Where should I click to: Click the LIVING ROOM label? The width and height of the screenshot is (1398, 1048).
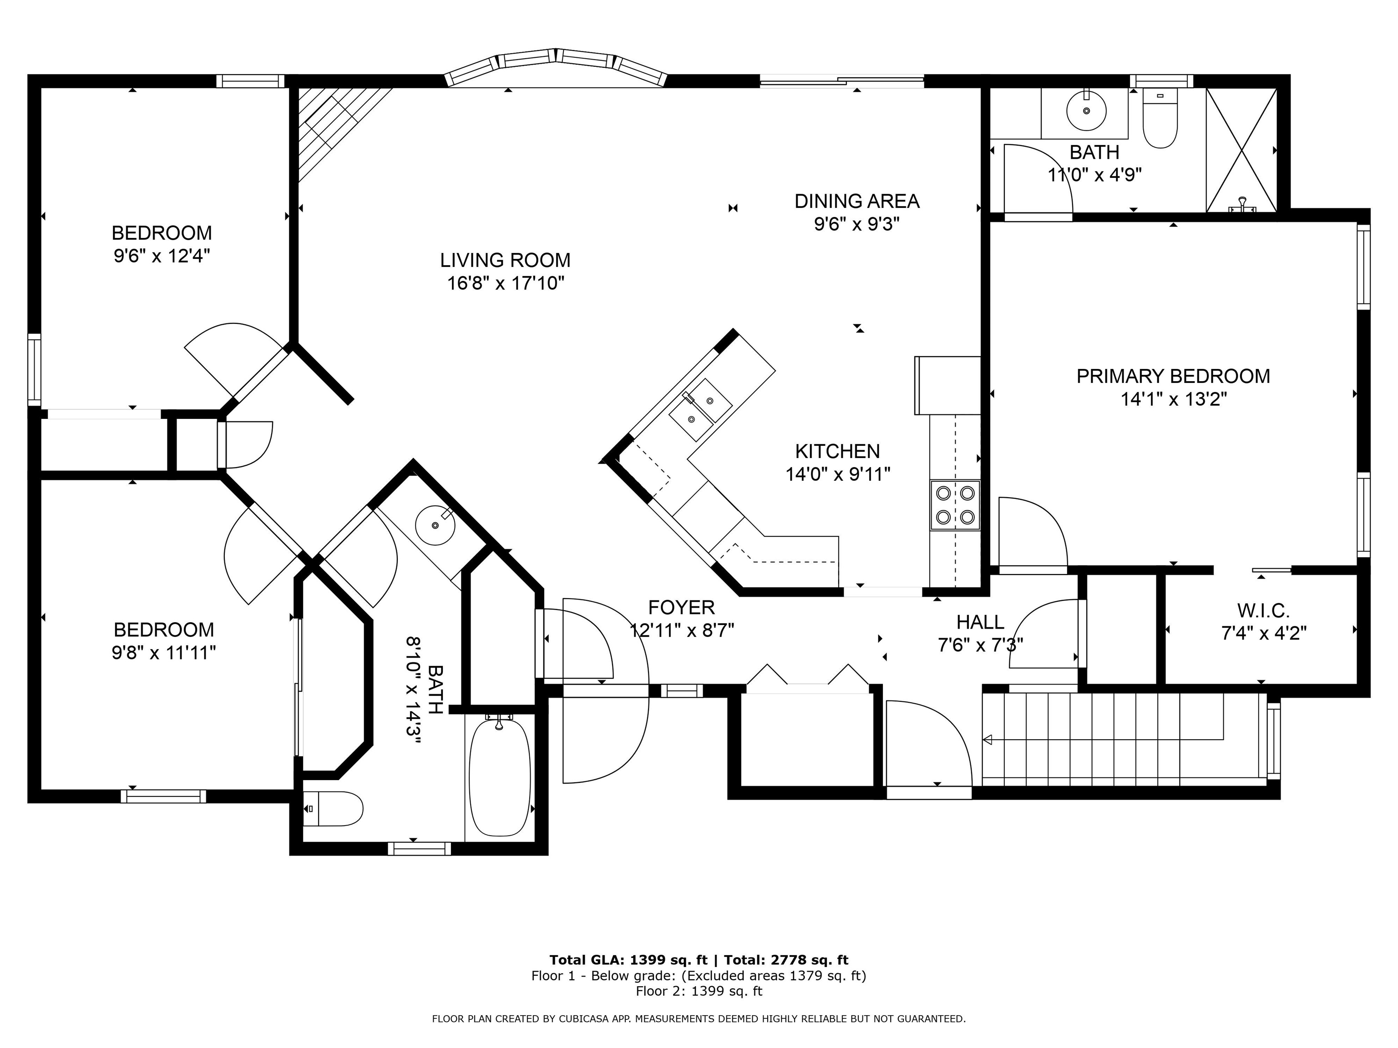(x=505, y=260)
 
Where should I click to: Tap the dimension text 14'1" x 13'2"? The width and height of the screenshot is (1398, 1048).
(x=1173, y=399)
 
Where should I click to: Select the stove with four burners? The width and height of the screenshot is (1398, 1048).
(x=955, y=505)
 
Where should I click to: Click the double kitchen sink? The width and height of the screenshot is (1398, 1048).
(x=701, y=409)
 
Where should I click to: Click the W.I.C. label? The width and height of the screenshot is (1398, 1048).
(x=1263, y=611)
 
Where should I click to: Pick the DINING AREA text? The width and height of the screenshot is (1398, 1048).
(x=856, y=202)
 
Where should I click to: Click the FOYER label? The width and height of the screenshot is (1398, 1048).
(x=681, y=608)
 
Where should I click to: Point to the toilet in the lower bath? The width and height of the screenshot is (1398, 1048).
(x=334, y=809)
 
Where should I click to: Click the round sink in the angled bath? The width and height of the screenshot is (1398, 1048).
(x=435, y=525)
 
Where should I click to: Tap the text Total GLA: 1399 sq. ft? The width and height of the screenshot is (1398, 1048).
(x=628, y=960)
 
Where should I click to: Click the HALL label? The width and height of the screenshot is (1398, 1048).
(x=980, y=622)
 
